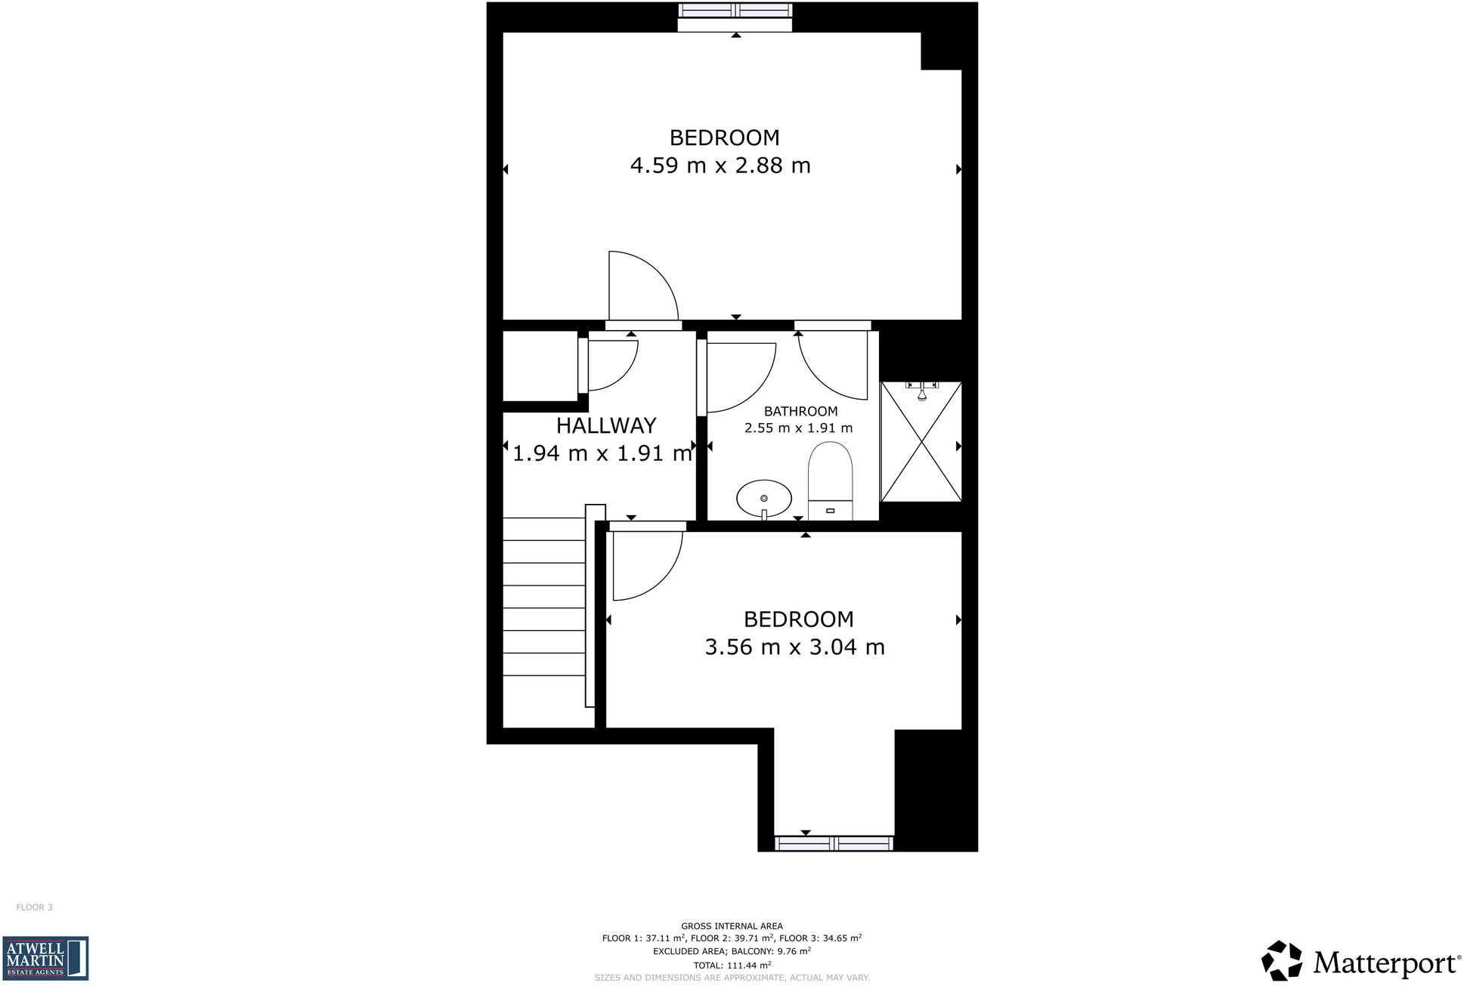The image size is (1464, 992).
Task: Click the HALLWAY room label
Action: [606, 426]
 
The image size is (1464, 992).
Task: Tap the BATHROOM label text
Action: [800, 412]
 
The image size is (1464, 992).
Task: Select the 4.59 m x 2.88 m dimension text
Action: [720, 165]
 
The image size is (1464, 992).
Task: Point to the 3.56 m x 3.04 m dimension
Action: [794, 647]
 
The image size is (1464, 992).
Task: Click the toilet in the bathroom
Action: [830, 480]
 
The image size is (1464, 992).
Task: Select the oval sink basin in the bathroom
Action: [764, 499]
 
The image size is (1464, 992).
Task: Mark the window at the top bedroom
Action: [735, 11]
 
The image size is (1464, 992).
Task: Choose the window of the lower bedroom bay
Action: [834, 843]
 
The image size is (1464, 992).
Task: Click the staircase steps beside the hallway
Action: [544, 597]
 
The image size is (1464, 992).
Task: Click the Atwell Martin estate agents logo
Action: [45, 959]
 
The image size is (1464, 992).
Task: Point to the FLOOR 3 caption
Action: [35, 907]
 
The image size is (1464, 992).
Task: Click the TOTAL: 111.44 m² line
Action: [732, 966]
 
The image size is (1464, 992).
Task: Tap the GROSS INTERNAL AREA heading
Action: [732, 926]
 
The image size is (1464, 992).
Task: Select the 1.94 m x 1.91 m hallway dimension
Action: [602, 453]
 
